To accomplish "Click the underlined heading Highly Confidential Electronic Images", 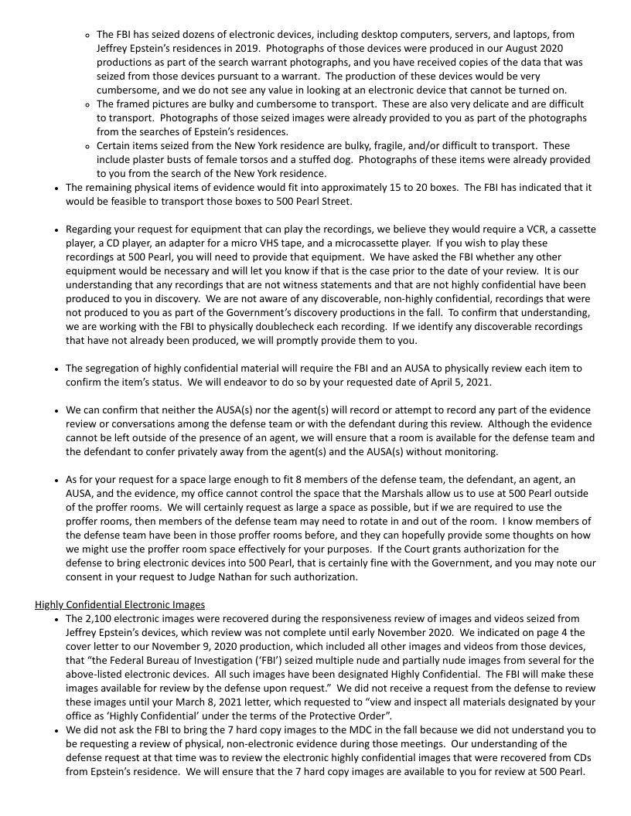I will click(121, 604).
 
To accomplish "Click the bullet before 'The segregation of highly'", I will click(57, 369).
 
